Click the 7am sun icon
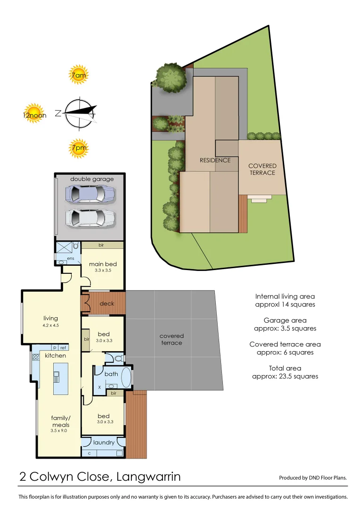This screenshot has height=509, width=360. (79, 74)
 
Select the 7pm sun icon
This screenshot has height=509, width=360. (79, 148)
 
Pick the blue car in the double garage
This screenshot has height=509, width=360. (90, 194)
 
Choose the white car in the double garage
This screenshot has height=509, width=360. (90, 217)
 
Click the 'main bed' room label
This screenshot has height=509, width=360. (103, 264)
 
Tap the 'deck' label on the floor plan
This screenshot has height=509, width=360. (107, 304)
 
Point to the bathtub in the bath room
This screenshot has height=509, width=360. (126, 378)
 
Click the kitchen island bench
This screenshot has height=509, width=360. (60, 378)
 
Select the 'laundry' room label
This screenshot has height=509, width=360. (104, 443)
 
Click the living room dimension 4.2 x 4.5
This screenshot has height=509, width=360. (50, 325)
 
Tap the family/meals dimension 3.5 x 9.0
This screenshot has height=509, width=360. (59, 430)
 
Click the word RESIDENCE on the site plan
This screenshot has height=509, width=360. (215, 160)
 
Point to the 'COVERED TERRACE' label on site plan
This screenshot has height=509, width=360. (262, 169)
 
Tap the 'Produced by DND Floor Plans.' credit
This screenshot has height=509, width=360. (313, 477)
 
